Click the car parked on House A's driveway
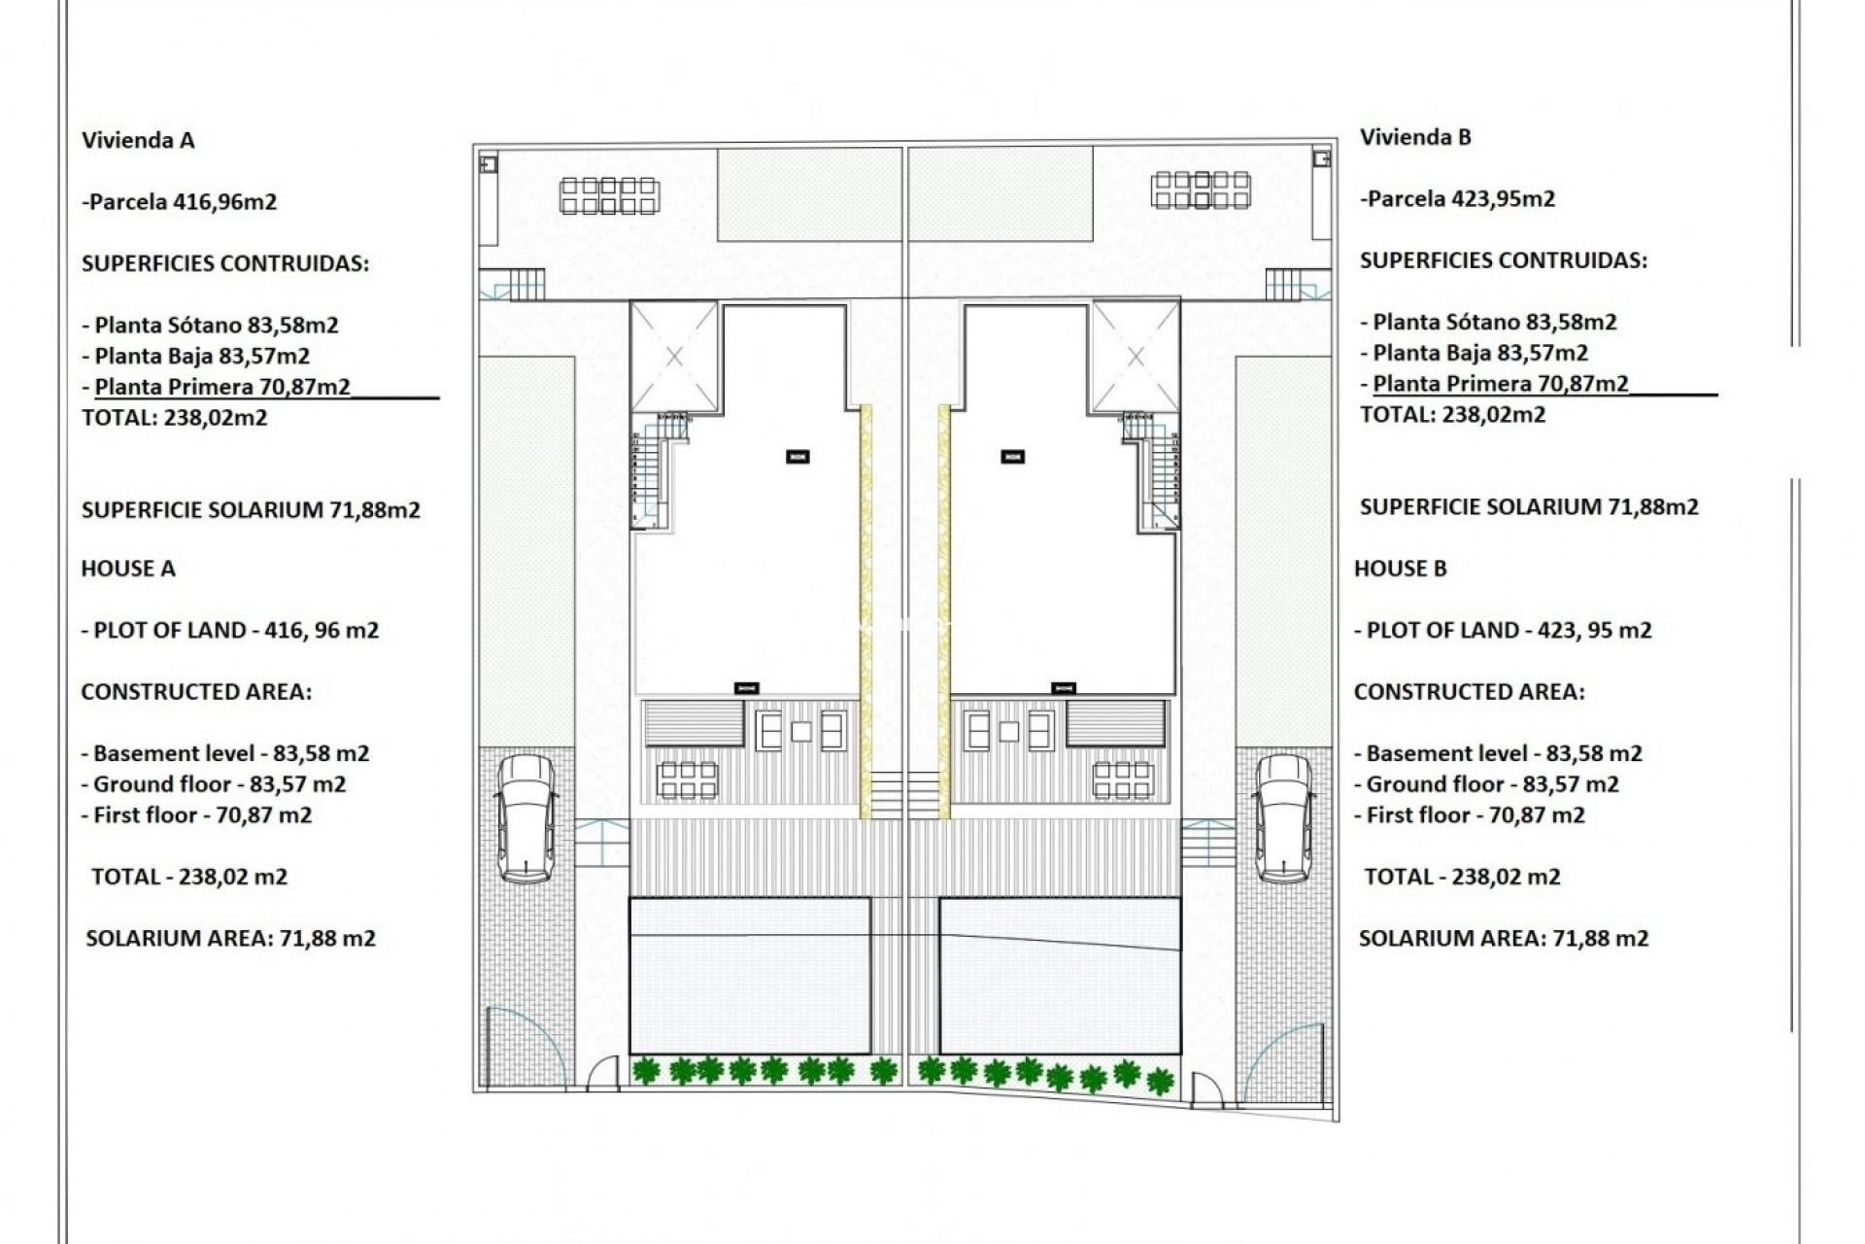[526, 818]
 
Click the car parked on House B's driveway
[1283, 818]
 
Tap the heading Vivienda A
[138, 140]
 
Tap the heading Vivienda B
[1415, 137]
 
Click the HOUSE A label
[128, 569]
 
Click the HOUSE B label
[1401, 569]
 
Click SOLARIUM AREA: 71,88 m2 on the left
[230, 939]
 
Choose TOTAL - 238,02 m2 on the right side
[1462, 877]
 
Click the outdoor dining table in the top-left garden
[609, 194]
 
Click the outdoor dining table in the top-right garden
[1201, 190]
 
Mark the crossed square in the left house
[674, 357]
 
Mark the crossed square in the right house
[1136, 357]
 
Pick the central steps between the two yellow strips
[904, 795]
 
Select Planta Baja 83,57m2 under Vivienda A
[202, 357]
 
